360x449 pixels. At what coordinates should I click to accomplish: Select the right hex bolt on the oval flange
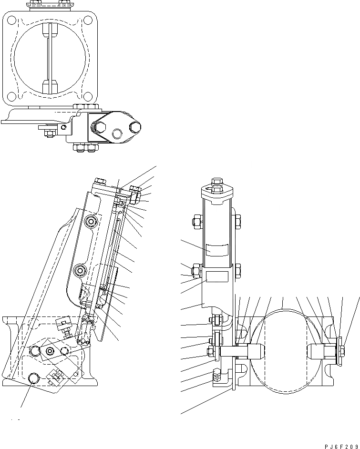point(135,127)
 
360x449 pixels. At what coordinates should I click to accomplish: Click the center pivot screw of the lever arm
point(49,351)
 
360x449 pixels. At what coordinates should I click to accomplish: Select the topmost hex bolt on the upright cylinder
point(216,182)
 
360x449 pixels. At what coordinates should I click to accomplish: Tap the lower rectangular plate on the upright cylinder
point(216,276)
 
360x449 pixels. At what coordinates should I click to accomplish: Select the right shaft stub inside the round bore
point(318,352)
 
